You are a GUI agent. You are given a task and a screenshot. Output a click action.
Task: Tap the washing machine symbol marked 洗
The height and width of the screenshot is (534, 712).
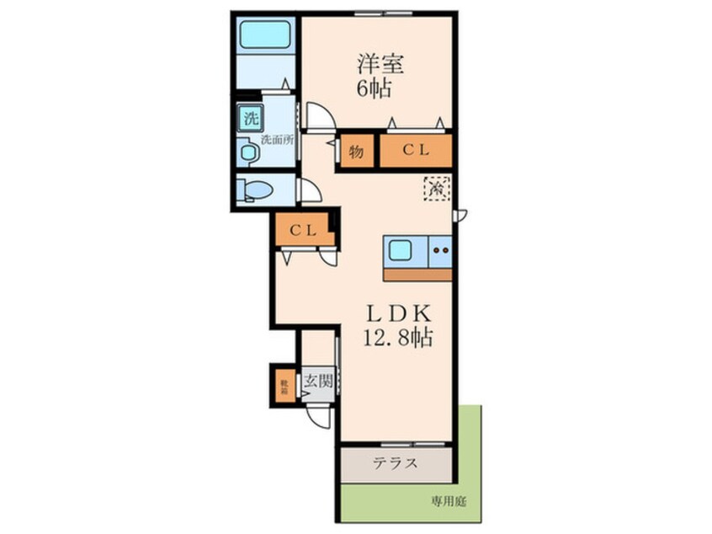click(x=250, y=118)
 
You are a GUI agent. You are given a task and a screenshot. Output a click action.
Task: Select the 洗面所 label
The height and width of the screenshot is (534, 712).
click(x=276, y=140)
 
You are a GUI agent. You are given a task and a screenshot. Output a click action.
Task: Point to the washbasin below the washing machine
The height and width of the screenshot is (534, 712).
click(x=248, y=152)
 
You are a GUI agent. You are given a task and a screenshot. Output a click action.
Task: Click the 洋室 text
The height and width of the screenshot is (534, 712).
click(x=376, y=64)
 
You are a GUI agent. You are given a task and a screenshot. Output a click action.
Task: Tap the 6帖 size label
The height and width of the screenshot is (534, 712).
click(x=374, y=89)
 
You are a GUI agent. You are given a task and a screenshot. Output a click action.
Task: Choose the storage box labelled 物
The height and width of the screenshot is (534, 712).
click(x=357, y=152)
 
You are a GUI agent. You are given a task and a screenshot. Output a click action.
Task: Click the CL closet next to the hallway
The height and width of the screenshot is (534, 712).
click(x=303, y=230)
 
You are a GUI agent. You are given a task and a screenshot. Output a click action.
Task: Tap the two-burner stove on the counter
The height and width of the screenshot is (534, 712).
click(x=440, y=249)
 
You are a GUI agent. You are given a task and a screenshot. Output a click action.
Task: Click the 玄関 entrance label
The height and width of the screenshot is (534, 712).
click(x=317, y=381)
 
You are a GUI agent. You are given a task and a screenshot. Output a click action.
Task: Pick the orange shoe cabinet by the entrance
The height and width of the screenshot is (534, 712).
click(x=284, y=386)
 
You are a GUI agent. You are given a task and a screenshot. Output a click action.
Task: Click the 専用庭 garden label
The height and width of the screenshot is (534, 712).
click(x=449, y=501)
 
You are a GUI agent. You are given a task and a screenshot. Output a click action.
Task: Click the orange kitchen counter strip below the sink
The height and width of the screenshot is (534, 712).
click(x=417, y=274)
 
